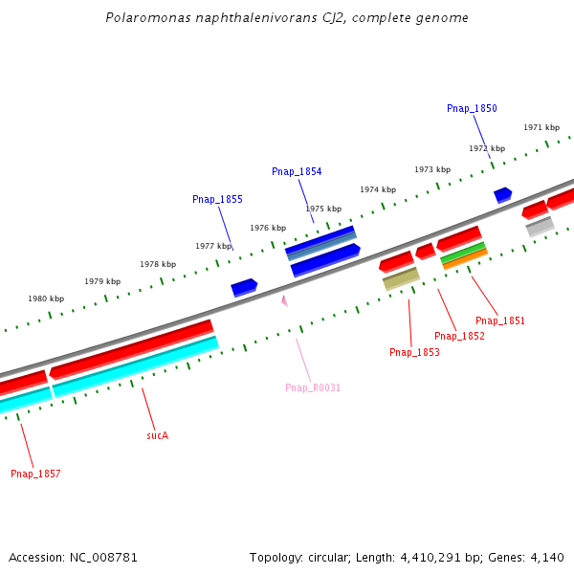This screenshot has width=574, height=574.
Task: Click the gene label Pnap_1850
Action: click(x=472, y=109)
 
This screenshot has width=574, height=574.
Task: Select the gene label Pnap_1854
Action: click(x=297, y=172)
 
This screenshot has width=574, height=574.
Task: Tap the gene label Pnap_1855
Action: click(x=217, y=200)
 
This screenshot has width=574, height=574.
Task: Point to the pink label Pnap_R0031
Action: click(x=313, y=388)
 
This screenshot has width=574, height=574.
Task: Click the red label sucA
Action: click(x=157, y=435)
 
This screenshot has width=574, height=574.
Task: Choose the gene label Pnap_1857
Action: click(x=35, y=475)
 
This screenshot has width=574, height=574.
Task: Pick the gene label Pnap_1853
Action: click(x=414, y=353)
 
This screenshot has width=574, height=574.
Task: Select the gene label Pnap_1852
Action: click(x=459, y=337)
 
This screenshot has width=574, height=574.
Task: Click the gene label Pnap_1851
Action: click(x=500, y=321)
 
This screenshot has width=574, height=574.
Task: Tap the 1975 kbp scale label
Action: click(x=323, y=209)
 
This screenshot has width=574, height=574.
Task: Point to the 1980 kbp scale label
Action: click(x=46, y=299)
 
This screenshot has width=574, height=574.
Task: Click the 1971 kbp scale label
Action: click(x=541, y=128)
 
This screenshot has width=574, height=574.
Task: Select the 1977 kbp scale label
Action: click(x=213, y=247)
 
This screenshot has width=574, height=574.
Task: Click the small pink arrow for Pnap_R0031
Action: click(x=284, y=300)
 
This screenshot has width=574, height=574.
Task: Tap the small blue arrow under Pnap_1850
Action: click(x=502, y=194)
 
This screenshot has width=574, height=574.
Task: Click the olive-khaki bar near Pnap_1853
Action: click(x=401, y=278)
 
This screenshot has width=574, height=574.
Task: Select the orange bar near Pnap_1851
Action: click(x=465, y=258)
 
